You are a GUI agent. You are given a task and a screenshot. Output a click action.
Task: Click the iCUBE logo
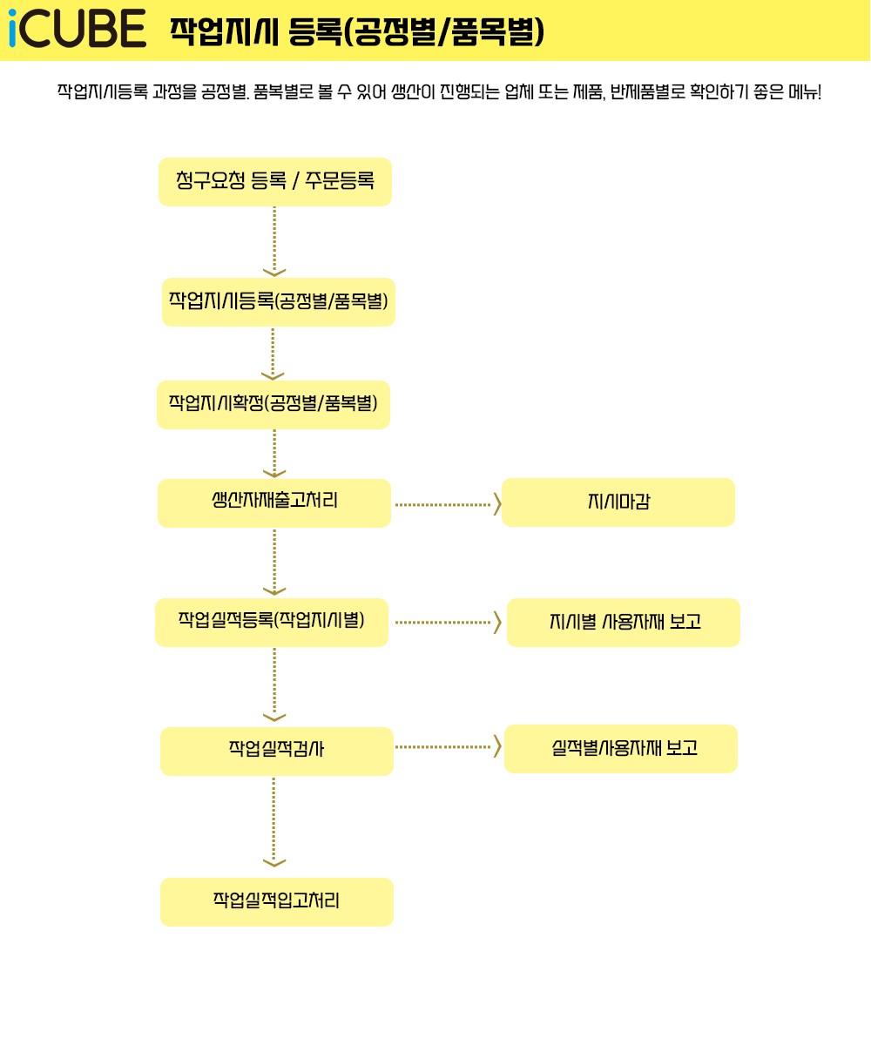[77, 30]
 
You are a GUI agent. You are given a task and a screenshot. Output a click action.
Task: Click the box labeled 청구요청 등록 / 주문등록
[275, 182]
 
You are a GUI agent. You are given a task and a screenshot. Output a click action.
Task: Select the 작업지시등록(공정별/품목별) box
[279, 302]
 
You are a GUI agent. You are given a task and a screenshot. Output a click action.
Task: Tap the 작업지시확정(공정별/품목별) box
[273, 405]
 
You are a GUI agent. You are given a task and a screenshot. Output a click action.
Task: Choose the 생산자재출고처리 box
[274, 502]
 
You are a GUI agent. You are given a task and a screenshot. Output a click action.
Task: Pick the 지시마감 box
[618, 502]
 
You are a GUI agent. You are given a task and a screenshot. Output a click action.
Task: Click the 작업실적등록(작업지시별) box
[272, 622]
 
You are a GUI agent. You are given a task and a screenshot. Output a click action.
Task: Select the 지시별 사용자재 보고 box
[624, 623]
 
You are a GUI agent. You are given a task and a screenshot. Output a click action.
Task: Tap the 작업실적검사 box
[277, 751]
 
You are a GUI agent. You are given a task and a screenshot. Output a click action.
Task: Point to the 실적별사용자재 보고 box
[621, 749]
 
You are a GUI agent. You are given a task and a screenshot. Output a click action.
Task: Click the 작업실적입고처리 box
[277, 901]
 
